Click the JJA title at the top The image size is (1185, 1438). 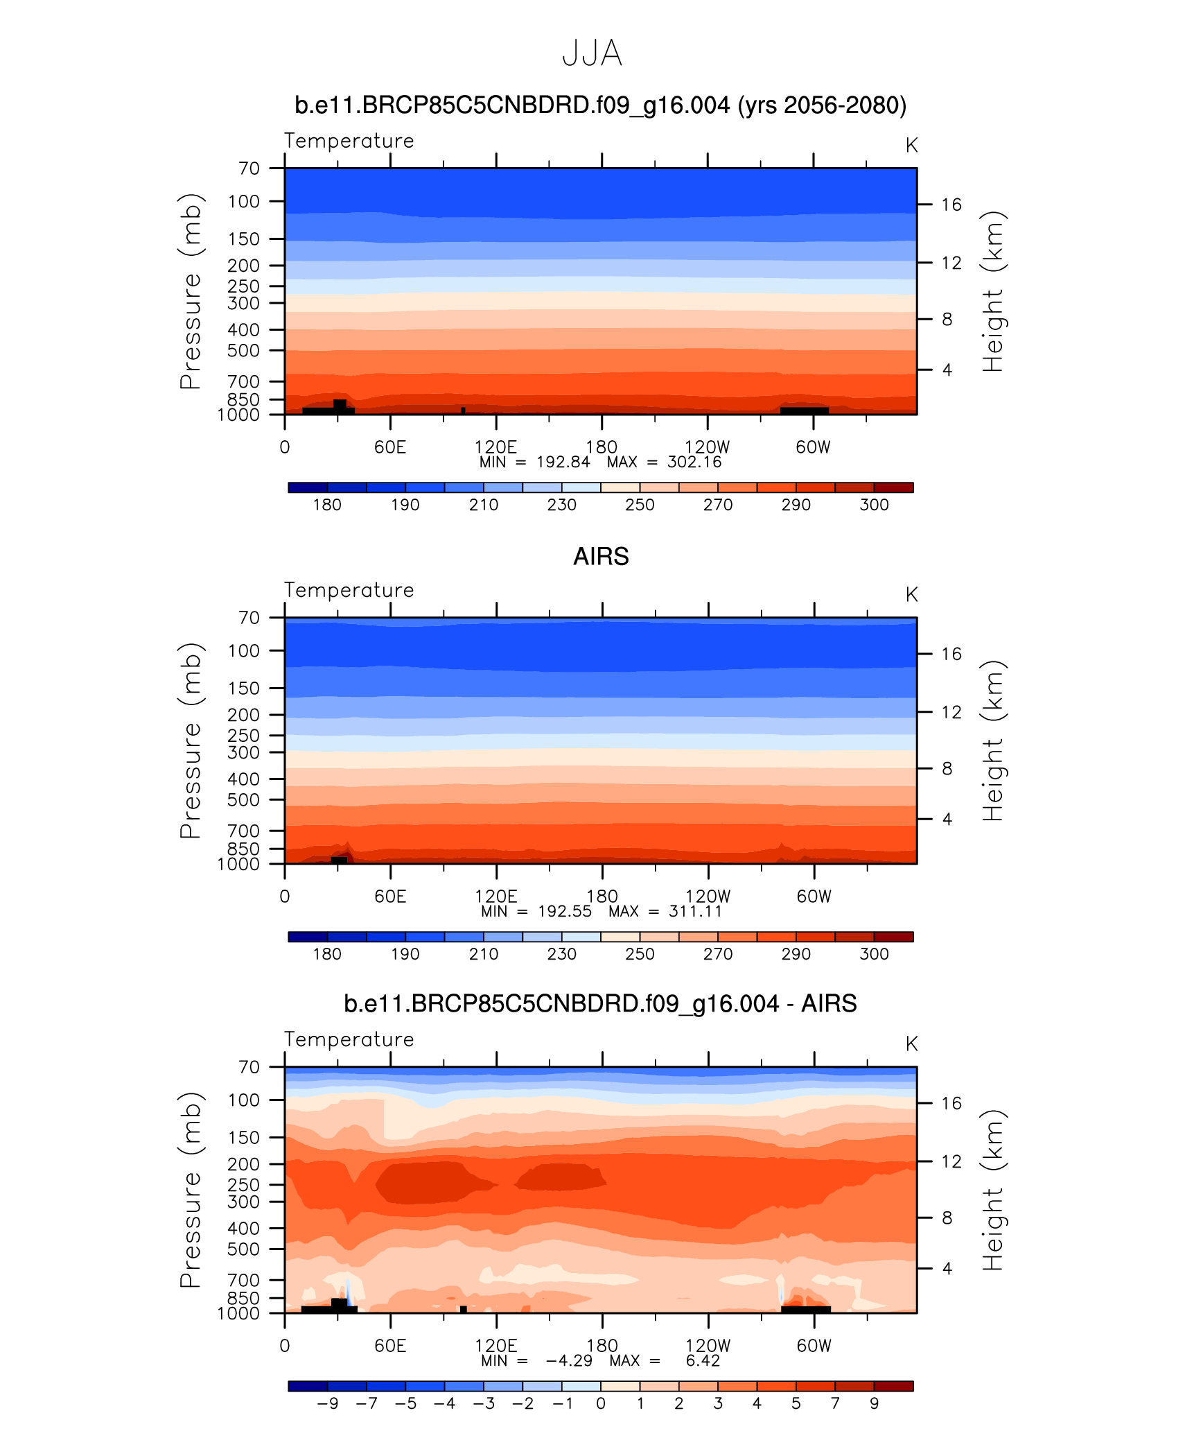[x=592, y=53]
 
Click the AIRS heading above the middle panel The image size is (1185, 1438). [x=601, y=557]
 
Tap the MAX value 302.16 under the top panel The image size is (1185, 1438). [x=694, y=462]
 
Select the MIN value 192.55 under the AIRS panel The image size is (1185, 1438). [x=565, y=912]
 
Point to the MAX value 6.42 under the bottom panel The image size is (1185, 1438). [x=703, y=1361]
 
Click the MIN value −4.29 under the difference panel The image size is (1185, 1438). [x=569, y=1361]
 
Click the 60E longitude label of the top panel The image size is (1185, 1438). [x=390, y=447]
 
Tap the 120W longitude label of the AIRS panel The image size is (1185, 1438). [x=708, y=896]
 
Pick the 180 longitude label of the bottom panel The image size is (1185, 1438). [x=602, y=1346]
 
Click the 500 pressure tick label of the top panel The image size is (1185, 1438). [x=243, y=351]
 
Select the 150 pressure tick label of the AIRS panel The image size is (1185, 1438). [x=243, y=688]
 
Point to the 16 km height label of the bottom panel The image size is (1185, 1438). [x=951, y=1103]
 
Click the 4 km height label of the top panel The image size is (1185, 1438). [x=947, y=370]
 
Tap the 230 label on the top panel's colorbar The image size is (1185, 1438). [x=561, y=505]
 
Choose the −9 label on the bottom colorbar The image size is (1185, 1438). [x=327, y=1403]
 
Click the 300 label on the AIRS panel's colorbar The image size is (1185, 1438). [x=874, y=954]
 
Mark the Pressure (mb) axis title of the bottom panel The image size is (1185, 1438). [x=191, y=1190]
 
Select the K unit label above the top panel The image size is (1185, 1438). [x=911, y=146]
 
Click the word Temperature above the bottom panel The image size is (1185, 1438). [x=349, y=1039]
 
